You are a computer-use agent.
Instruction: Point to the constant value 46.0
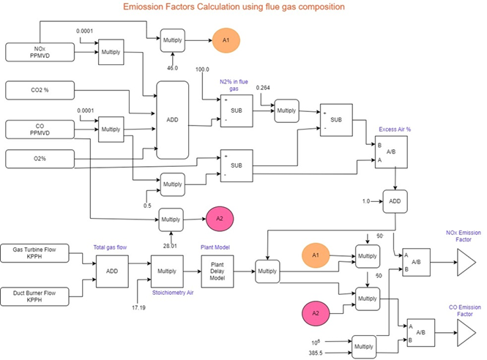click(172, 67)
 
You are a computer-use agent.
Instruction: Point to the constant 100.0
click(202, 70)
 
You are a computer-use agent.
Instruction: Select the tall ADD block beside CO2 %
click(173, 120)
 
